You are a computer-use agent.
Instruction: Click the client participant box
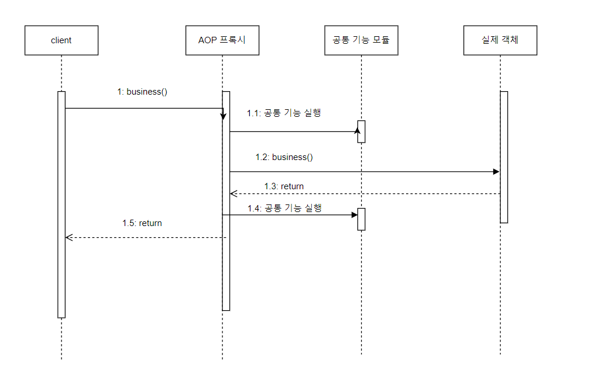point(61,40)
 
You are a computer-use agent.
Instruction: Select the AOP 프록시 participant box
point(222,40)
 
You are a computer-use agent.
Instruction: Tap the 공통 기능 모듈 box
point(361,40)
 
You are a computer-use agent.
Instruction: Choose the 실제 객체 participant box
point(500,40)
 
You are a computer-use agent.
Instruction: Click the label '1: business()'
point(143,92)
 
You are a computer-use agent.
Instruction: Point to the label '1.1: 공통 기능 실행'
point(284,113)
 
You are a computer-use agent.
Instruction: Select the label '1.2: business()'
point(284,157)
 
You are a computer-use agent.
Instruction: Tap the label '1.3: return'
point(284,186)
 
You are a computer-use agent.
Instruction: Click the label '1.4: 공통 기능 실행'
point(284,208)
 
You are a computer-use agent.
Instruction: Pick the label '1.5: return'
point(142,223)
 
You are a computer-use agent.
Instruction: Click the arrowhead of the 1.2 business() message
point(496,172)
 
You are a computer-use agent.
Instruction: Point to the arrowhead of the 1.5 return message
point(68,237)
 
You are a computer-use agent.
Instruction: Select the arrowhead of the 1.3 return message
point(233,193)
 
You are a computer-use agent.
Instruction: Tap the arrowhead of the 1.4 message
point(355,215)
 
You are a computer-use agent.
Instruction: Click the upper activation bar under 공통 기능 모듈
point(362,131)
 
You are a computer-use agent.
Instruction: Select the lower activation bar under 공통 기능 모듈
point(362,219)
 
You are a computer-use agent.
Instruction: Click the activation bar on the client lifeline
point(61,204)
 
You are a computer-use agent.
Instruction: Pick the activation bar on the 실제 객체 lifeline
point(503,157)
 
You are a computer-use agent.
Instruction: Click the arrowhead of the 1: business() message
point(223,116)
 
